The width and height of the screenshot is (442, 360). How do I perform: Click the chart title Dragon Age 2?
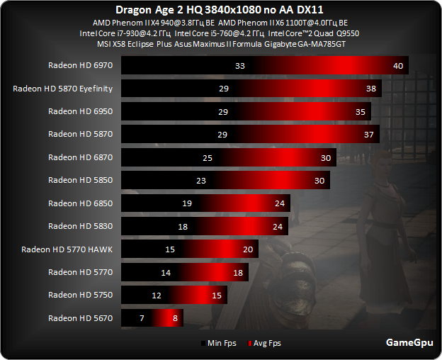[221, 10]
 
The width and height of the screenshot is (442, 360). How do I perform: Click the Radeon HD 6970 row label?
[80, 65]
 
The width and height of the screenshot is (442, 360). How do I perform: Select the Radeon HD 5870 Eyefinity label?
[62, 89]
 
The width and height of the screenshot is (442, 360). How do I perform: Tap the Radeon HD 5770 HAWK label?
[67, 249]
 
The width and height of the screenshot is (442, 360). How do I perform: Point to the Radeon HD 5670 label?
[80, 318]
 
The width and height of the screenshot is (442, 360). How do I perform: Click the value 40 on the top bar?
[398, 66]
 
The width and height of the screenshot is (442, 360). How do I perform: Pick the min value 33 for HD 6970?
[239, 66]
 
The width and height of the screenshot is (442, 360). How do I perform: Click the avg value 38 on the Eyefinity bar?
[370, 89]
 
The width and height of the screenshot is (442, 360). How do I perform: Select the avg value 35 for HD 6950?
[361, 112]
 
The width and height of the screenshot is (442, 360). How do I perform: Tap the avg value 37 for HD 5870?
[368, 135]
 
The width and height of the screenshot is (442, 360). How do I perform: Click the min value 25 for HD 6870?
[208, 157]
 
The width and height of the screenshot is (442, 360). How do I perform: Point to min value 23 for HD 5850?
[200, 181]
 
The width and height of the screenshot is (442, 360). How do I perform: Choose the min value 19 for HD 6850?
[187, 203]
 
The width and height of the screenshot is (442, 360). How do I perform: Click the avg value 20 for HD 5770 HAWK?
[248, 249]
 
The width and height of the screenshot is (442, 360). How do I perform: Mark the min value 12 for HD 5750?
[157, 296]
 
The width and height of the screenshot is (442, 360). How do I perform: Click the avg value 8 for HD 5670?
[175, 318]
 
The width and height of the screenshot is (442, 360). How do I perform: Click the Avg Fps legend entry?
[265, 344]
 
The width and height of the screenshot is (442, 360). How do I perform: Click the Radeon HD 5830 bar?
[205, 227]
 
